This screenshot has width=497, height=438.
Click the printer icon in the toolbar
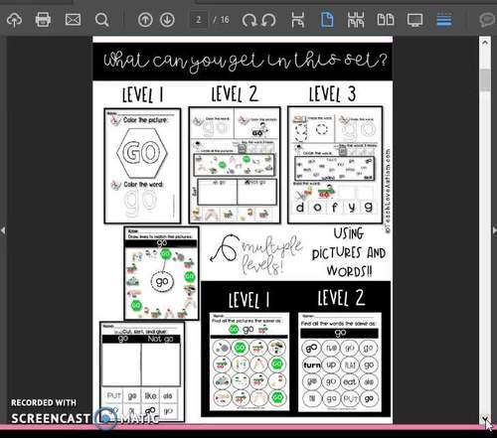(x=43, y=19)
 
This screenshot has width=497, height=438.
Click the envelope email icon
(x=73, y=19)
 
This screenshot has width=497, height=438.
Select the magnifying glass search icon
(x=102, y=19)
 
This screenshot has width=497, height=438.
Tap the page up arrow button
(x=145, y=19)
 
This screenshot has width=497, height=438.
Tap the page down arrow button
(x=167, y=19)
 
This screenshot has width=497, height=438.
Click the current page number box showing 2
(x=201, y=19)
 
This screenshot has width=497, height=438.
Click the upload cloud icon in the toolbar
(x=14, y=19)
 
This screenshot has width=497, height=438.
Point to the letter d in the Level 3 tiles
(x=314, y=208)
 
